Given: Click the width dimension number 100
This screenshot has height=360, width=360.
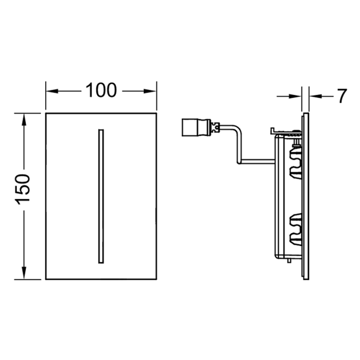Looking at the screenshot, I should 101,91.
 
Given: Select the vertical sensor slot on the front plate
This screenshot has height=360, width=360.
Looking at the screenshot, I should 101,196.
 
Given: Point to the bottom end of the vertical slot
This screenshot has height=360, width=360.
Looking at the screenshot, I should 101,263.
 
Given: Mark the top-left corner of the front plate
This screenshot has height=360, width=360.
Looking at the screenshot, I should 46,113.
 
